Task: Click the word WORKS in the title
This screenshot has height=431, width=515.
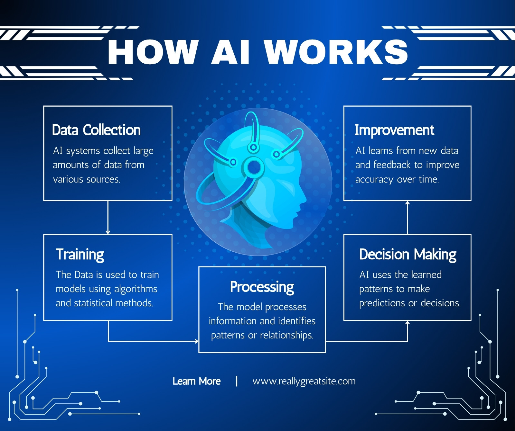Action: click(x=336, y=52)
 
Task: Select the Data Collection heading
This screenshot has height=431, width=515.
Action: click(x=96, y=130)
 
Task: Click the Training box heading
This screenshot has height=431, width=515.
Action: click(x=80, y=255)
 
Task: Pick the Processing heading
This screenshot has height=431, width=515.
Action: click(x=262, y=287)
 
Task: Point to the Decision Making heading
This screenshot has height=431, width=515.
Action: click(x=408, y=255)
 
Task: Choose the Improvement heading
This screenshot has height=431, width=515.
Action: click(x=394, y=130)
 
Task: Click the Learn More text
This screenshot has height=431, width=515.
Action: click(x=197, y=381)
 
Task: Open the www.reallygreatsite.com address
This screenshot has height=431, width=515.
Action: click(x=304, y=382)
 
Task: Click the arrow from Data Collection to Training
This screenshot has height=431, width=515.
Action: click(x=108, y=218)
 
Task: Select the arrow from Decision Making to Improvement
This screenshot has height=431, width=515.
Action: click(x=407, y=218)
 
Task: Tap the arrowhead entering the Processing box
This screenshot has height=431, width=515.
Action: click(x=197, y=341)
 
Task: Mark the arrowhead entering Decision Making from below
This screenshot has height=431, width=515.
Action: click(x=407, y=323)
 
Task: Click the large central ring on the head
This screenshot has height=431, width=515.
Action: click(x=254, y=167)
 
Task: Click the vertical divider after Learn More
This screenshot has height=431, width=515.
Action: click(x=237, y=381)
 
